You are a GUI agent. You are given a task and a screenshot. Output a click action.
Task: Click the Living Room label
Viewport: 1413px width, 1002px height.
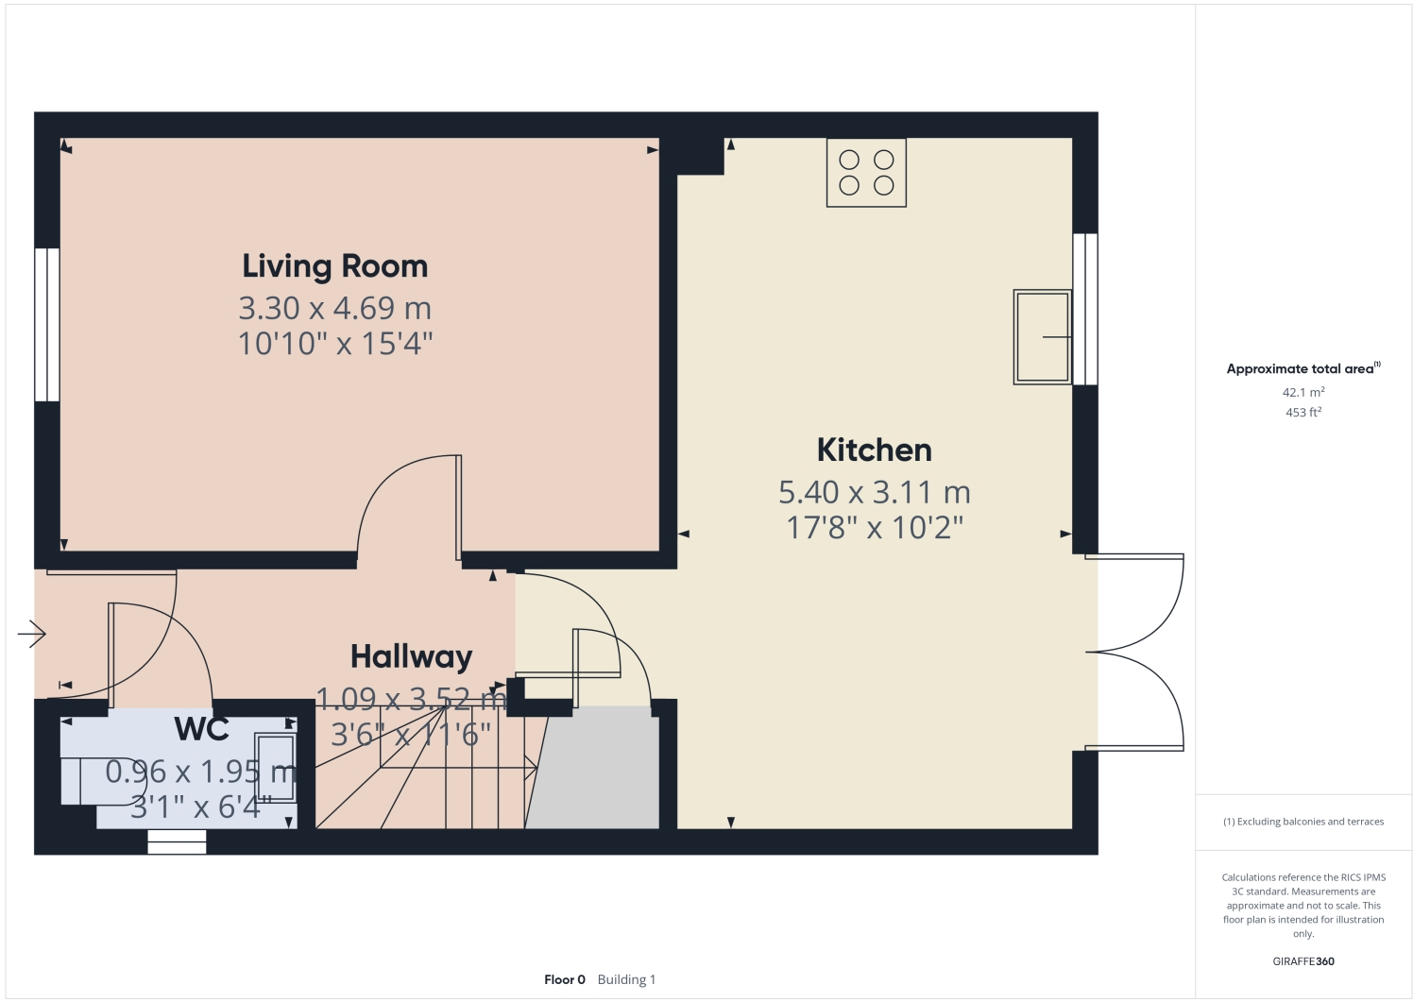(334, 266)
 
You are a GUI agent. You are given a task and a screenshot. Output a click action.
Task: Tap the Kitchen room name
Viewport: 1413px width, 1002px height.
(874, 450)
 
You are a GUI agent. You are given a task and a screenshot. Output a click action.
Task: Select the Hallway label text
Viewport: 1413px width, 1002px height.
(411, 656)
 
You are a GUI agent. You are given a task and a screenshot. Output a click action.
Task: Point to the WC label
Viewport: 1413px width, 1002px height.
(202, 729)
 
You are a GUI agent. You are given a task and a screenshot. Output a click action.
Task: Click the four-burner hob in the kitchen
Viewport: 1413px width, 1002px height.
(866, 173)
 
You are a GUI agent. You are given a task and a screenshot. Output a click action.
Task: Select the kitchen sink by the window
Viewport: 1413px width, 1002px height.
(1042, 336)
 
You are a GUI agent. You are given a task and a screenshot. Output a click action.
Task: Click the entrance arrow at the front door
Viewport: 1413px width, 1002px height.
(32, 633)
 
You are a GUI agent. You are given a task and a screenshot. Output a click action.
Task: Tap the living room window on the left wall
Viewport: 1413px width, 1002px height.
(47, 324)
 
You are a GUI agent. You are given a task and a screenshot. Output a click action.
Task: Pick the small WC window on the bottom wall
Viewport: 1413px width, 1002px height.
(177, 841)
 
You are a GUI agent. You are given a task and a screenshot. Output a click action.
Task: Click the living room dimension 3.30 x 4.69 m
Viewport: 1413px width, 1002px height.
(334, 308)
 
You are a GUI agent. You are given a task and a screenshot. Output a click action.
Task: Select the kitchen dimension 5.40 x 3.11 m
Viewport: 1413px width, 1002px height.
(874, 492)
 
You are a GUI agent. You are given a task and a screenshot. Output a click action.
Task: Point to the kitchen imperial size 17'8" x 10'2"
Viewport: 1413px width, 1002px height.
(874, 527)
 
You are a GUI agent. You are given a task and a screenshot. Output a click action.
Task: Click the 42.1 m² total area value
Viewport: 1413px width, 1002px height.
(1302, 392)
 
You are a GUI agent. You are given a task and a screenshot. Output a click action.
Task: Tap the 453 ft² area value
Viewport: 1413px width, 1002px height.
(1302, 413)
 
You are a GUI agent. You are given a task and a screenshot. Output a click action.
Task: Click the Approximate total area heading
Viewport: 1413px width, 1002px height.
(1302, 369)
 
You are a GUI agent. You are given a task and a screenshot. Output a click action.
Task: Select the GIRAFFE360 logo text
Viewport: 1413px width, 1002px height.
(1303, 961)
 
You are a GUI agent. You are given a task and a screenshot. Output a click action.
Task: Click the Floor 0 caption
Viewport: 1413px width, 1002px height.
(565, 979)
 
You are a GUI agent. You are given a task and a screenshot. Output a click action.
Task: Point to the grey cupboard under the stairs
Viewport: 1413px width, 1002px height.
(595, 770)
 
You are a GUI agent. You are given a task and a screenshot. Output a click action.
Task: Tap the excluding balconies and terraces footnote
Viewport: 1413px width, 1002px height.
(1303, 822)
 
